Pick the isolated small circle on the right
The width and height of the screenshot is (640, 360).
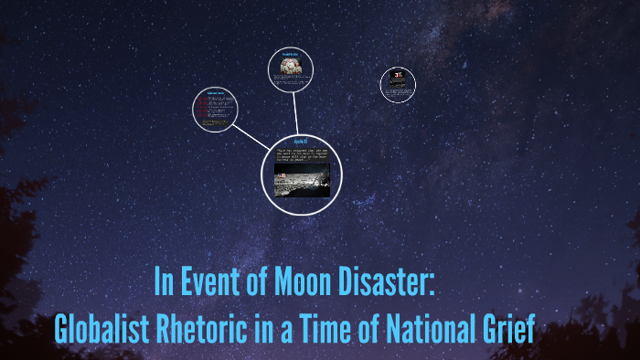[x=398, y=85]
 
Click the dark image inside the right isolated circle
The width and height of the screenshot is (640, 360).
[x=398, y=83]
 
